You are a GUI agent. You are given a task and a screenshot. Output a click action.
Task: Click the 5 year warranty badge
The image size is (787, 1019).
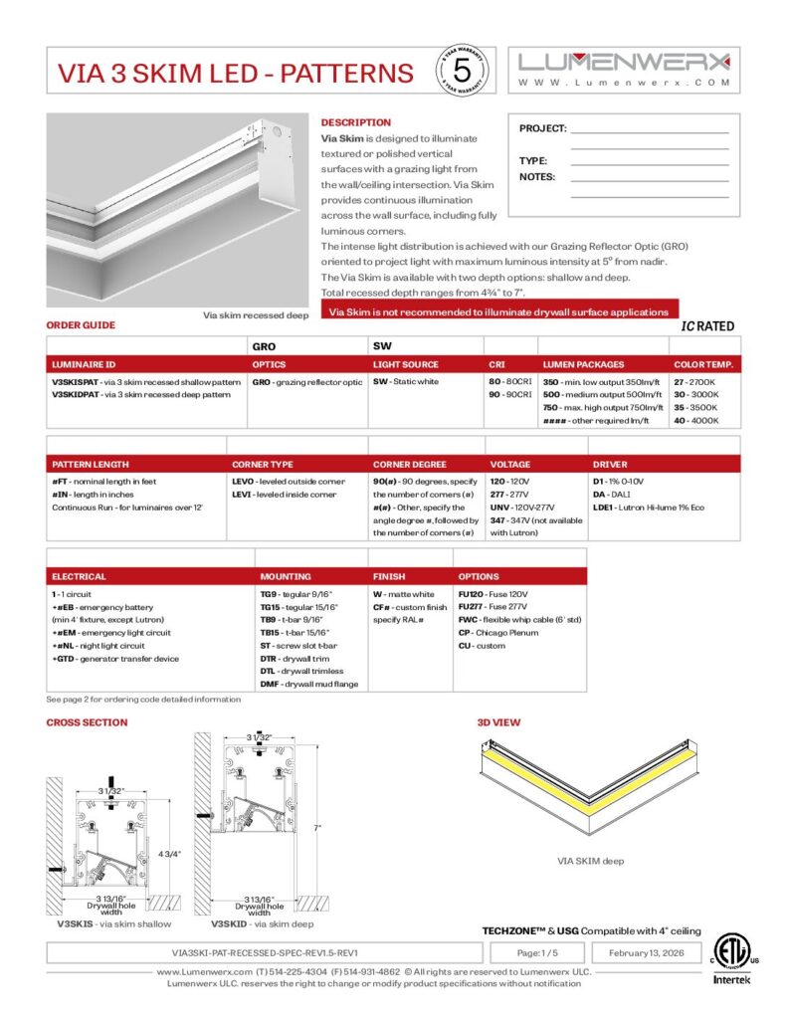click(461, 71)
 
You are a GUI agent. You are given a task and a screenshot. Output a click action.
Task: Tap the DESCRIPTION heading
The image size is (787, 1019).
click(355, 122)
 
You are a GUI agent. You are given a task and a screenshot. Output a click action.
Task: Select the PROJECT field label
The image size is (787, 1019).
click(542, 128)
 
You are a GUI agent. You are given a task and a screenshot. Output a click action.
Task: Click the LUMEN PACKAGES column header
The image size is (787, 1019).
click(583, 365)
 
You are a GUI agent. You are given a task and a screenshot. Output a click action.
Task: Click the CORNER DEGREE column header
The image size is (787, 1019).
click(412, 465)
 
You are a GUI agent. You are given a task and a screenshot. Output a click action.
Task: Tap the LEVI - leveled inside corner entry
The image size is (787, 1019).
click(284, 495)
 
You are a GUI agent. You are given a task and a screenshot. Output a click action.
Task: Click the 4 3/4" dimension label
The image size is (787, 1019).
click(172, 854)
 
